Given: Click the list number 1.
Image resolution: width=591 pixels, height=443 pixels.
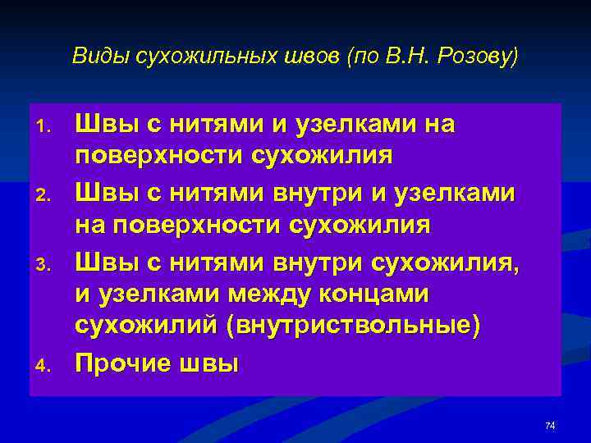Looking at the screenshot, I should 45,127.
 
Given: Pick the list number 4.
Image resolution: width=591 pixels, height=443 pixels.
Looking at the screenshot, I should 45,363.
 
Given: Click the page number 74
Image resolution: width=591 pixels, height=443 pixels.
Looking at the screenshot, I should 550,425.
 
